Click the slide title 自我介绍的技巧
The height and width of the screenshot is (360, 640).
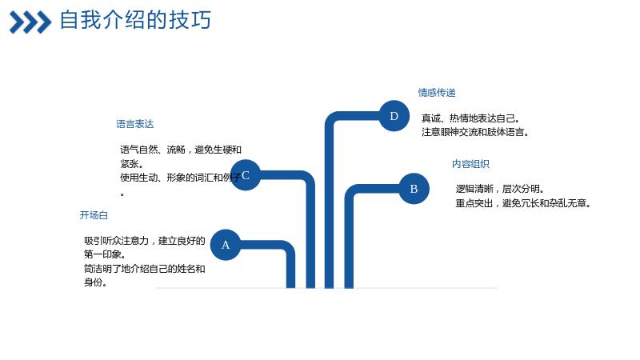point(135,20)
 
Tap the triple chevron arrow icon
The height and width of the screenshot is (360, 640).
point(30,22)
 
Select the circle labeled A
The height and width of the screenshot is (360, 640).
point(226,245)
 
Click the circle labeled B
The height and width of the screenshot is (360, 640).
point(414,189)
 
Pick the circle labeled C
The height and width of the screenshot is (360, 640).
point(246,175)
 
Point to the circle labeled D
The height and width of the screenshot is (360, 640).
point(394,116)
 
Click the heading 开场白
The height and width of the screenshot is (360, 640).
point(94,215)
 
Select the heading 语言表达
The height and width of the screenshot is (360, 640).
point(134,124)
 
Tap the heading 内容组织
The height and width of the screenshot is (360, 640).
point(470,164)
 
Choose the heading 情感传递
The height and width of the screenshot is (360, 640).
point(437,93)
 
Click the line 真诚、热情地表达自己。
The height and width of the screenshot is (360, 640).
point(470,118)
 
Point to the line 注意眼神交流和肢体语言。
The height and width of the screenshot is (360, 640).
point(475,132)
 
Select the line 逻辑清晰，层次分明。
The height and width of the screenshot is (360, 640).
point(500,189)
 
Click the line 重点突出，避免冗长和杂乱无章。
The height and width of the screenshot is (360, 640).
point(524,203)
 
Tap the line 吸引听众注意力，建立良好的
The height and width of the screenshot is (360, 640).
point(145,241)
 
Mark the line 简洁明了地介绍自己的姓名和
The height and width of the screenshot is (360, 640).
point(145,269)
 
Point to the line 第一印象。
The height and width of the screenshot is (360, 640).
point(105,254)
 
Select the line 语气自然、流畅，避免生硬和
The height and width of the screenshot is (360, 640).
point(181,150)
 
